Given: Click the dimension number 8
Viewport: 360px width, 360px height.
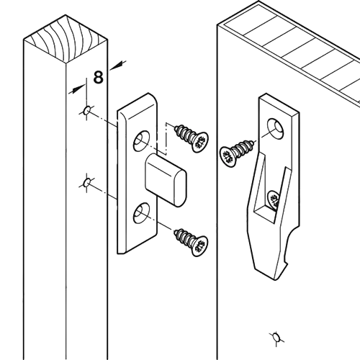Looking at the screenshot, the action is pyautogui.click(x=99, y=77).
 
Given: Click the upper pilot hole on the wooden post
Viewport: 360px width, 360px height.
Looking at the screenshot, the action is pyautogui.click(x=86, y=110).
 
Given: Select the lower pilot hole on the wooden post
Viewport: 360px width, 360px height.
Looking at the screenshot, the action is pyautogui.click(x=86, y=183).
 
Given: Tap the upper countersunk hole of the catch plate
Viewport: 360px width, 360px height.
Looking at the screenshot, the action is pyautogui.click(x=141, y=141).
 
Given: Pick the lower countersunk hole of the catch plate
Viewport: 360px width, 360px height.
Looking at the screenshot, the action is pyautogui.click(x=141, y=213).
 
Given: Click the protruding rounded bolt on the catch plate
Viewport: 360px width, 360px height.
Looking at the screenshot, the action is pyautogui.click(x=166, y=180).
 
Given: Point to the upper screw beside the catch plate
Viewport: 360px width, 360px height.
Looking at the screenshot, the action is pyautogui.click(x=192, y=138).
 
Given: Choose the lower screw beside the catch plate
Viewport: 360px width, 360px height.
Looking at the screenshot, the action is pyautogui.click(x=191, y=243).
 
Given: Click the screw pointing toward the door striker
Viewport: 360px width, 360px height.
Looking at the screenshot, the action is pyautogui.click(x=237, y=153).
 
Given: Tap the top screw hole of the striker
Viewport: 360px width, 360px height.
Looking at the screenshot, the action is pyautogui.click(x=276, y=129).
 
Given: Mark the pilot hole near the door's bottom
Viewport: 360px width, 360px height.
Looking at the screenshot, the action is pyautogui.click(x=276, y=338).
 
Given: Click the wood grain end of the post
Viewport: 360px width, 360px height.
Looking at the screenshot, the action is pyautogui.click(x=66, y=40).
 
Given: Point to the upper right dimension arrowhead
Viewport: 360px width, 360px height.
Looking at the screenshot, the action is pyautogui.click(x=117, y=66).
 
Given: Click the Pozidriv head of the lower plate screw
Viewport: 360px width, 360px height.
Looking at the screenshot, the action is pyautogui.click(x=199, y=246).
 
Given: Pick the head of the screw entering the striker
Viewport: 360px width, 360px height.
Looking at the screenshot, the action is pyautogui.click(x=228, y=156).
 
